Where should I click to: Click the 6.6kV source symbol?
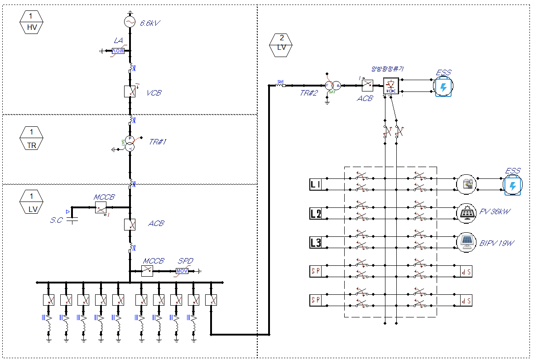(130, 22)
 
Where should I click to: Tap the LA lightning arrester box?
(118, 51)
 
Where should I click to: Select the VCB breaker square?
(130, 91)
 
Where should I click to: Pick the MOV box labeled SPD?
(182, 271)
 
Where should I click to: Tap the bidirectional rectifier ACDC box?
(390, 86)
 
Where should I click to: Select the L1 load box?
(316, 184)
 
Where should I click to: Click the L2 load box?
(316, 213)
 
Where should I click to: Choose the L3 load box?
(316, 243)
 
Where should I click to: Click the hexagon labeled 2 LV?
(281, 43)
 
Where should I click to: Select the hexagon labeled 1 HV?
(31, 22)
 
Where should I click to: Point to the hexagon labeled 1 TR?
(31, 138)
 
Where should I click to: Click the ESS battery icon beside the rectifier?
(443, 86)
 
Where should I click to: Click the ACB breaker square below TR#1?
(130, 224)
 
